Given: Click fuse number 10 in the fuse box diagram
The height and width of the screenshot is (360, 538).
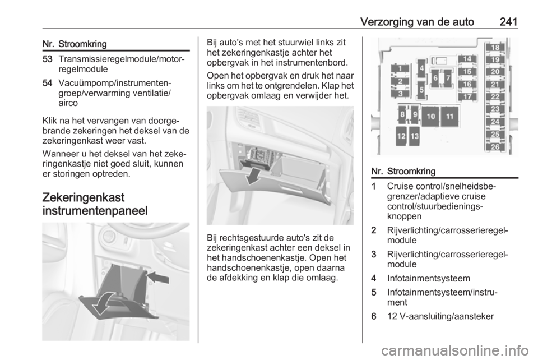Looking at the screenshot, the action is pos(430,116).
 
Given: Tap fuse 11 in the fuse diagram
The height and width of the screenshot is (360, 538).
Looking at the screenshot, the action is pos(450,116).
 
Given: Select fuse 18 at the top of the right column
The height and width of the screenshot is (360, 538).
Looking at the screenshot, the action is pos(495,47).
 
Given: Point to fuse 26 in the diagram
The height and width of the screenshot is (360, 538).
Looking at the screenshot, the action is pos(495,147).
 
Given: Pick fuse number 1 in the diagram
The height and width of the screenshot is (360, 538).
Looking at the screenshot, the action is pos(400,68).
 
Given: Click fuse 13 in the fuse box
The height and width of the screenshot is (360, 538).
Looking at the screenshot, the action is pos(415,136).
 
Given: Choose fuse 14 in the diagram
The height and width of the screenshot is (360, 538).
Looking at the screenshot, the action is pos(467,59).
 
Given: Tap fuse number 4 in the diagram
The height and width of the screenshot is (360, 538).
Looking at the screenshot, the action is pos(421,68).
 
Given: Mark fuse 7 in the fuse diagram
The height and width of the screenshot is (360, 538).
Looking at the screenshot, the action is pos(447,78).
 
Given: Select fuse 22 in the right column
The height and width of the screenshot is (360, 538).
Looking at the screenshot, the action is pos(495,97).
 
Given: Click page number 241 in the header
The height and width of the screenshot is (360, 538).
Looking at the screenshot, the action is pos(508,22).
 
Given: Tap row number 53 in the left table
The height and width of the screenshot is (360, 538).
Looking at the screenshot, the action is pos(48,59).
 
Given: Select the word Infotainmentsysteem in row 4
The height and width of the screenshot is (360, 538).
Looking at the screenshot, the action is pos(429,278).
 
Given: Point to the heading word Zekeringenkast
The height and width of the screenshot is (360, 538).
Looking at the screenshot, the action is pos(84,198).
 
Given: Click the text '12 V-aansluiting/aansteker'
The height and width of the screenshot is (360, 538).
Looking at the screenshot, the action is pos(440,316).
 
